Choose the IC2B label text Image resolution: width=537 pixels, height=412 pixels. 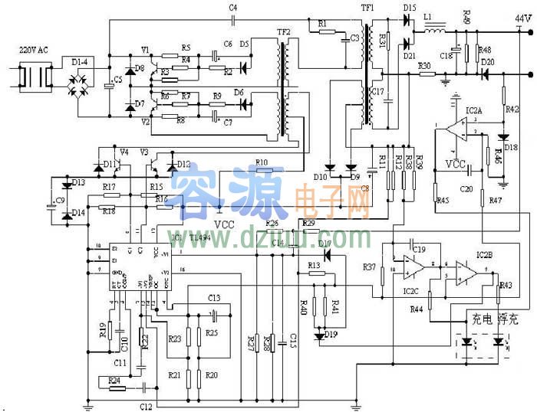click(485, 253)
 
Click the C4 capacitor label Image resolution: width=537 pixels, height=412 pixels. click(233, 8)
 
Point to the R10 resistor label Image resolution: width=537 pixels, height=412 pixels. click(262, 162)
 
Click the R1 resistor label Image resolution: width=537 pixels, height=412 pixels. click(321, 23)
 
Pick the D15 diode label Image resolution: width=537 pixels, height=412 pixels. click(409, 8)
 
